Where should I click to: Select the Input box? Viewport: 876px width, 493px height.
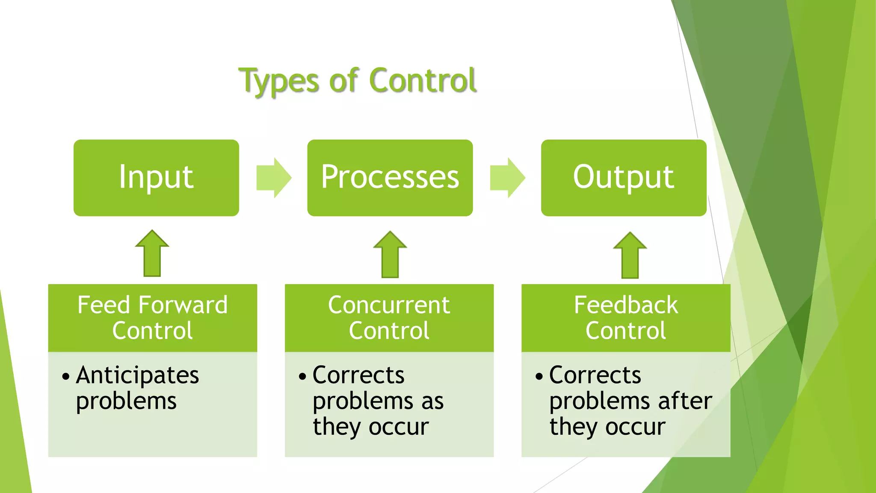[156, 178]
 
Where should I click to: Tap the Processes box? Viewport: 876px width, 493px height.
[390, 178]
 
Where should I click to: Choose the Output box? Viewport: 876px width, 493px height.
[623, 178]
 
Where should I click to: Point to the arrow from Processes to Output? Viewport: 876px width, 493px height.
[507, 178]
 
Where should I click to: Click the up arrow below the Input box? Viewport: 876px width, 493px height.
[152, 254]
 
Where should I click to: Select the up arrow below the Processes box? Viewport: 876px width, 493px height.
[390, 255]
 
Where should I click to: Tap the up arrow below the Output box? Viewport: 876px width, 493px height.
[630, 256]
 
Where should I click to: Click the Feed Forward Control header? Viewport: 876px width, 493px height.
[152, 318]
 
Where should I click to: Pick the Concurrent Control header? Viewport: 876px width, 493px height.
[389, 318]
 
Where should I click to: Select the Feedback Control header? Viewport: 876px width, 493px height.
[625, 318]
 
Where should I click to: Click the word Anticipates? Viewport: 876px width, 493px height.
[137, 376]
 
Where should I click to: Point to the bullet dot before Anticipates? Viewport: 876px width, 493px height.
[65, 377]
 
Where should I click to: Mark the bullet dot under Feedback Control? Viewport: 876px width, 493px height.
[539, 377]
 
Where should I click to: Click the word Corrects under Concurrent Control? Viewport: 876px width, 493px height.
[358, 375]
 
